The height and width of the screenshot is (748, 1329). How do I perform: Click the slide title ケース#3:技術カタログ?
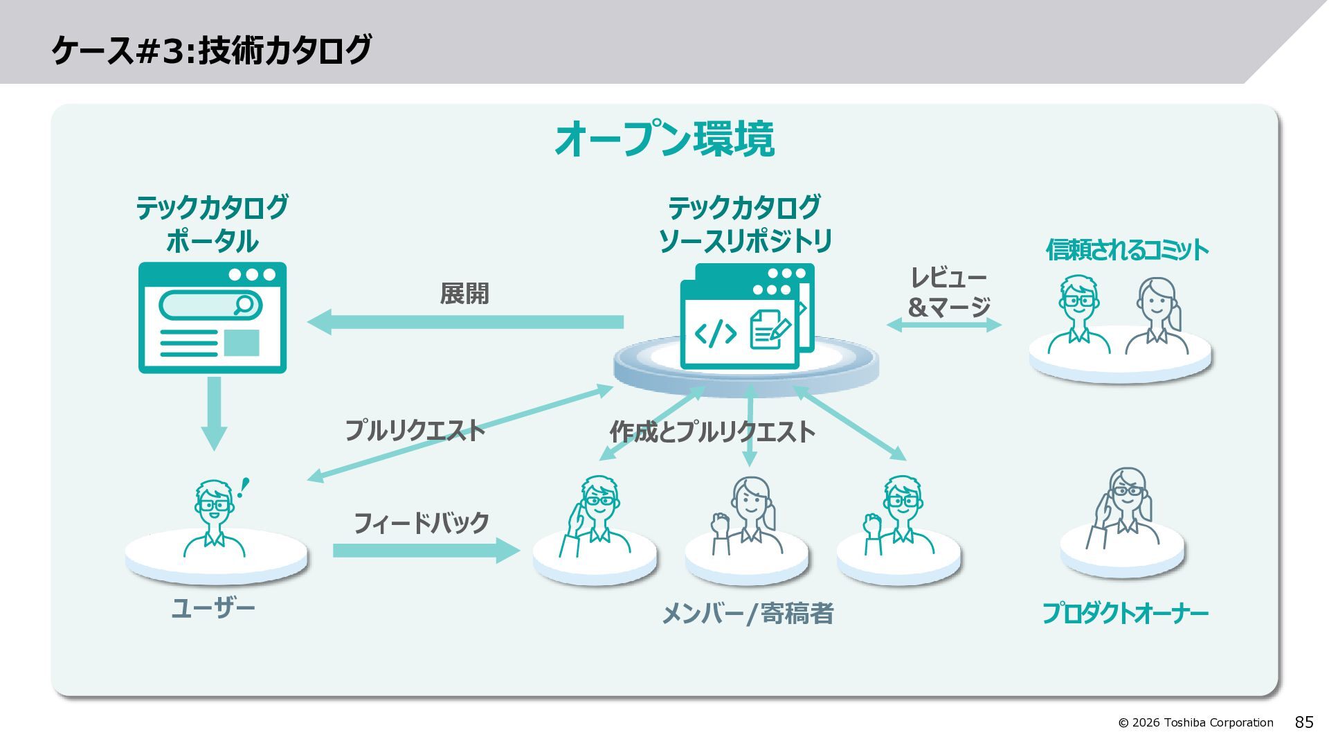(x=212, y=50)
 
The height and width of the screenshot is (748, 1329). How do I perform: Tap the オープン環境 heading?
(x=664, y=139)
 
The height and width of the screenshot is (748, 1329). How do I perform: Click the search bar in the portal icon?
(x=210, y=305)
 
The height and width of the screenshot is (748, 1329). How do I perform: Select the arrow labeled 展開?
(x=465, y=322)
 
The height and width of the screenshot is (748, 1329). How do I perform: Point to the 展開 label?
(x=464, y=293)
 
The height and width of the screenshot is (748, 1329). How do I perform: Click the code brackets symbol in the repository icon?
(x=715, y=333)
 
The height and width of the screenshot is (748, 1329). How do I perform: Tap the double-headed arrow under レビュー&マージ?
(x=944, y=324)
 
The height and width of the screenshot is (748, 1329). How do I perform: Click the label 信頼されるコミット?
(x=1127, y=250)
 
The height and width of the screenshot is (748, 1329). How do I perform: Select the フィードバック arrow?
(x=426, y=551)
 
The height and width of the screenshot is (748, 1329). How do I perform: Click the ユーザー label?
(x=213, y=608)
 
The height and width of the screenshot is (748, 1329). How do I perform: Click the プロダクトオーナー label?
(x=1125, y=613)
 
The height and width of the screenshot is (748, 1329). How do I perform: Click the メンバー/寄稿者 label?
(x=748, y=613)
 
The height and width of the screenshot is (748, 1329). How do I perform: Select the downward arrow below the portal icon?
(x=214, y=413)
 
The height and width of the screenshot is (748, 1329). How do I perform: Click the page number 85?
(x=1304, y=722)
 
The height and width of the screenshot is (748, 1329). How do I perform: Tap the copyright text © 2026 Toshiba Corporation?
(x=1195, y=722)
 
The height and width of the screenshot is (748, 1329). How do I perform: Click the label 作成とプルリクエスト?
(x=712, y=432)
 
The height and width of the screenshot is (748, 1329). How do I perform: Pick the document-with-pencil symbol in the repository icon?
(x=770, y=328)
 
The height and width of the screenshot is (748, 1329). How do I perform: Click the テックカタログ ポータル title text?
(x=212, y=224)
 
